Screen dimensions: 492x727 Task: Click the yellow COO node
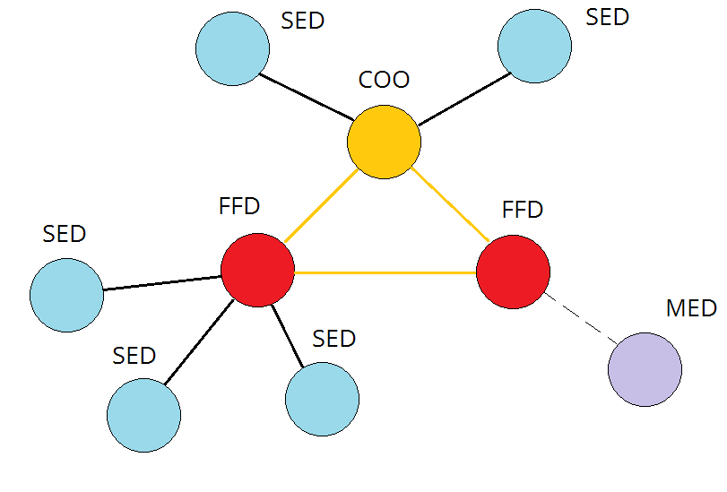(x=384, y=142)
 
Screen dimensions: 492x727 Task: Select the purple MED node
(x=645, y=369)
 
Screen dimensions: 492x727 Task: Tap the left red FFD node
(x=257, y=270)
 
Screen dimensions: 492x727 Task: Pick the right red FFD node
(x=513, y=271)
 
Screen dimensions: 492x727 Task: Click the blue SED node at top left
(x=233, y=49)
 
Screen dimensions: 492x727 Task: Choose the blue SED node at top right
(x=534, y=47)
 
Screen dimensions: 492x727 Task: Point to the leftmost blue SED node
(x=66, y=295)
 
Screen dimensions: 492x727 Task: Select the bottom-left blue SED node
(x=143, y=415)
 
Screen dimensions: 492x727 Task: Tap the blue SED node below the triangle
(x=322, y=400)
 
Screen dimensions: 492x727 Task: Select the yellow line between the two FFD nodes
(x=385, y=272)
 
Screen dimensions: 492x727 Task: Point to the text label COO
(x=384, y=80)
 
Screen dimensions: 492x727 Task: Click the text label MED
(x=691, y=308)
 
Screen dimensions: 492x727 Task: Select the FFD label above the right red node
(x=523, y=210)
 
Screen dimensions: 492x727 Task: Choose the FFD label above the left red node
(x=239, y=206)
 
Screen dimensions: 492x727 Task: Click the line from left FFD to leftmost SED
(x=161, y=283)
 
